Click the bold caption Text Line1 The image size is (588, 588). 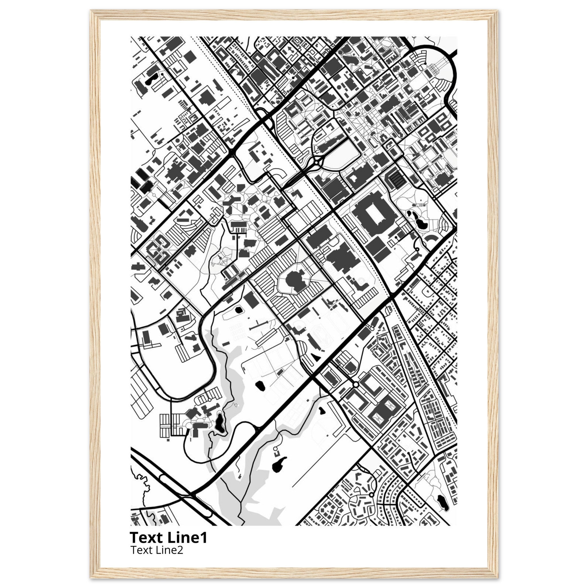[168, 538]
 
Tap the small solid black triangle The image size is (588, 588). [316, 356]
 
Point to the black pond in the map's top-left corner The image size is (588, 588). [150, 81]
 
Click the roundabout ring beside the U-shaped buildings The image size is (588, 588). [355, 385]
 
